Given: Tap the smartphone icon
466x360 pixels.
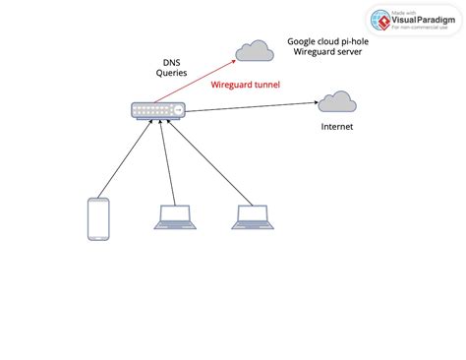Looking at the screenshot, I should pyautogui.click(x=97, y=218).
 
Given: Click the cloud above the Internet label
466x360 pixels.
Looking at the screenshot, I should pyautogui.click(x=336, y=101).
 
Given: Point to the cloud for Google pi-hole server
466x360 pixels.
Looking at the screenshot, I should pyautogui.click(x=255, y=50).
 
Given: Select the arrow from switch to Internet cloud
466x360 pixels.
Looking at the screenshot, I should pyautogui.click(x=251, y=106).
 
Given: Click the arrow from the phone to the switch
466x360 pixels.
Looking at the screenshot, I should pyautogui.click(x=124, y=159).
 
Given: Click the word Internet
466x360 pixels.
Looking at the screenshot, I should pyautogui.click(x=337, y=127).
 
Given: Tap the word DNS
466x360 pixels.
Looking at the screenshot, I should pyautogui.click(x=171, y=61).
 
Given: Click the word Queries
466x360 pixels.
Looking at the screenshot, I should pyautogui.click(x=171, y=74).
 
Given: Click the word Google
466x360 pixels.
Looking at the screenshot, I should pyautogui.click(x=303, y=41).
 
